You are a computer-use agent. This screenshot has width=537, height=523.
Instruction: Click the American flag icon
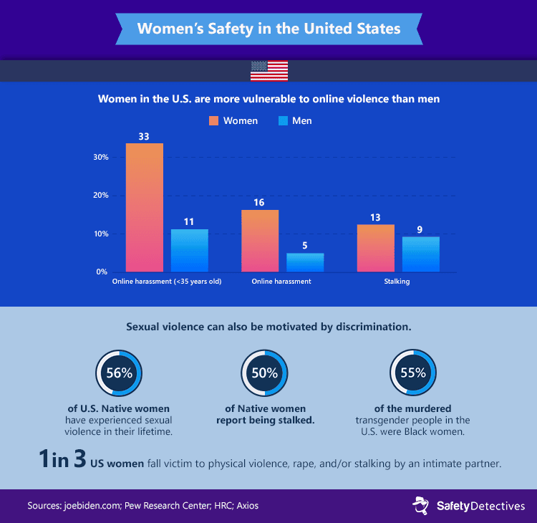coord(269,70)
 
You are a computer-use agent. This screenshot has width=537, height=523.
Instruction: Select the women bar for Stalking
coord(376,249)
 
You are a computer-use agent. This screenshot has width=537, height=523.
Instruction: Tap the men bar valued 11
coord(189,251)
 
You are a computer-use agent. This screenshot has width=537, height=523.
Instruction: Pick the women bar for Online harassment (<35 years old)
coord(145,208)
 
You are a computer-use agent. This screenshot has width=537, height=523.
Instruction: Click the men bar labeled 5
coord(305,262)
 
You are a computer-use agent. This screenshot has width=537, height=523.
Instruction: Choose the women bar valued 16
coord(260,241)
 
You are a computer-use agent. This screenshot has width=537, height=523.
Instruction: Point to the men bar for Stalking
coord(421,254)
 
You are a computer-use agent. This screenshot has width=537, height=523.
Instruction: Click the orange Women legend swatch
coord(213,121)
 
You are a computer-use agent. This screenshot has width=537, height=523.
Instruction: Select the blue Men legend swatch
coord(282,121)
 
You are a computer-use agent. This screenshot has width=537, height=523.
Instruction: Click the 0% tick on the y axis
coord(102,272)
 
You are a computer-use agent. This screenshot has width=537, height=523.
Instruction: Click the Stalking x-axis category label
coord(397,282)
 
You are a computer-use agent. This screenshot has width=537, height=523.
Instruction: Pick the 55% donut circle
coord(409,373)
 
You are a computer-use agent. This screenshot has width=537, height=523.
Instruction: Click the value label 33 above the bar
coord(145,135)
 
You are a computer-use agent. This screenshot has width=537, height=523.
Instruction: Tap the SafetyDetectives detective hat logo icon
coord(420,506)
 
